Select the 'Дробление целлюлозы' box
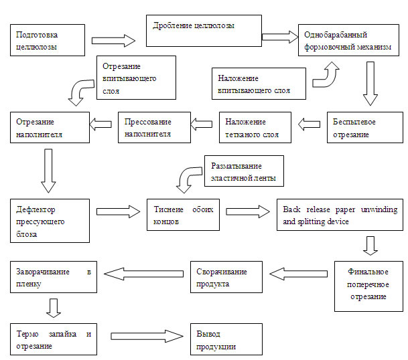tap(204, 30)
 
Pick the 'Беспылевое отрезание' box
tap(360, 127)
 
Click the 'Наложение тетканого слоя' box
tap(255, 127)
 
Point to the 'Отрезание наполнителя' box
tap(50, 127)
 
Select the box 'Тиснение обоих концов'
tap(183, 215)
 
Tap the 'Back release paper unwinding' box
tap(340, 215)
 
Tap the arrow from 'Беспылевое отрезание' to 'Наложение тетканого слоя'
tap(310, 123)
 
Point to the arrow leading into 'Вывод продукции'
tap(147, 337)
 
